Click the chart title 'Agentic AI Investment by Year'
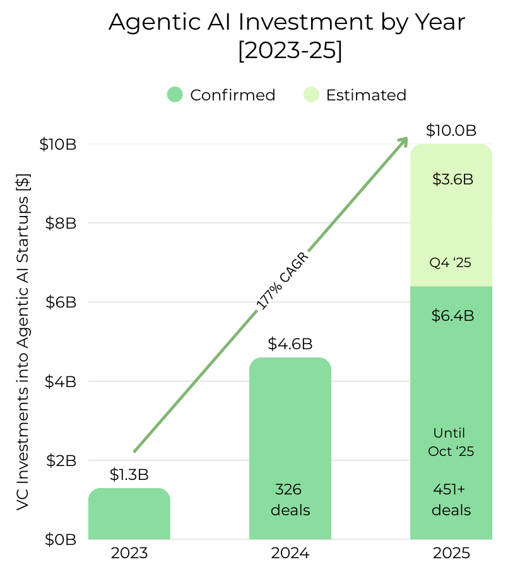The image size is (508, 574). click(x=287, y=23)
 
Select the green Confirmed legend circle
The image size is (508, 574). click(x=175, y=95)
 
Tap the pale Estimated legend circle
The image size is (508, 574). click(x=311, y=95)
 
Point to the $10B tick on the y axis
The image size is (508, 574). click(x=57, y=144)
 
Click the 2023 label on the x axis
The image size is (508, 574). click(x=129, y=554)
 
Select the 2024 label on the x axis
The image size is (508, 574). click(x=290, y=554)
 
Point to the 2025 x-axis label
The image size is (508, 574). click(x=451, y=554)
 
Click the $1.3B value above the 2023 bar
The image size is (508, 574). click(x=129, y=474)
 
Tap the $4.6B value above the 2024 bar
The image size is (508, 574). click(x=290, y=344)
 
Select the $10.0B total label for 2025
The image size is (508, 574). click(x=451, y=131)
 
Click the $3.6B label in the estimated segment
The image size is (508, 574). click(x=452, y=179)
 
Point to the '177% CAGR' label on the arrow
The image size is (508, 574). click(x=283, y=282)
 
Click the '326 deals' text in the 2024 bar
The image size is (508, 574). click(x=290, y=499)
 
